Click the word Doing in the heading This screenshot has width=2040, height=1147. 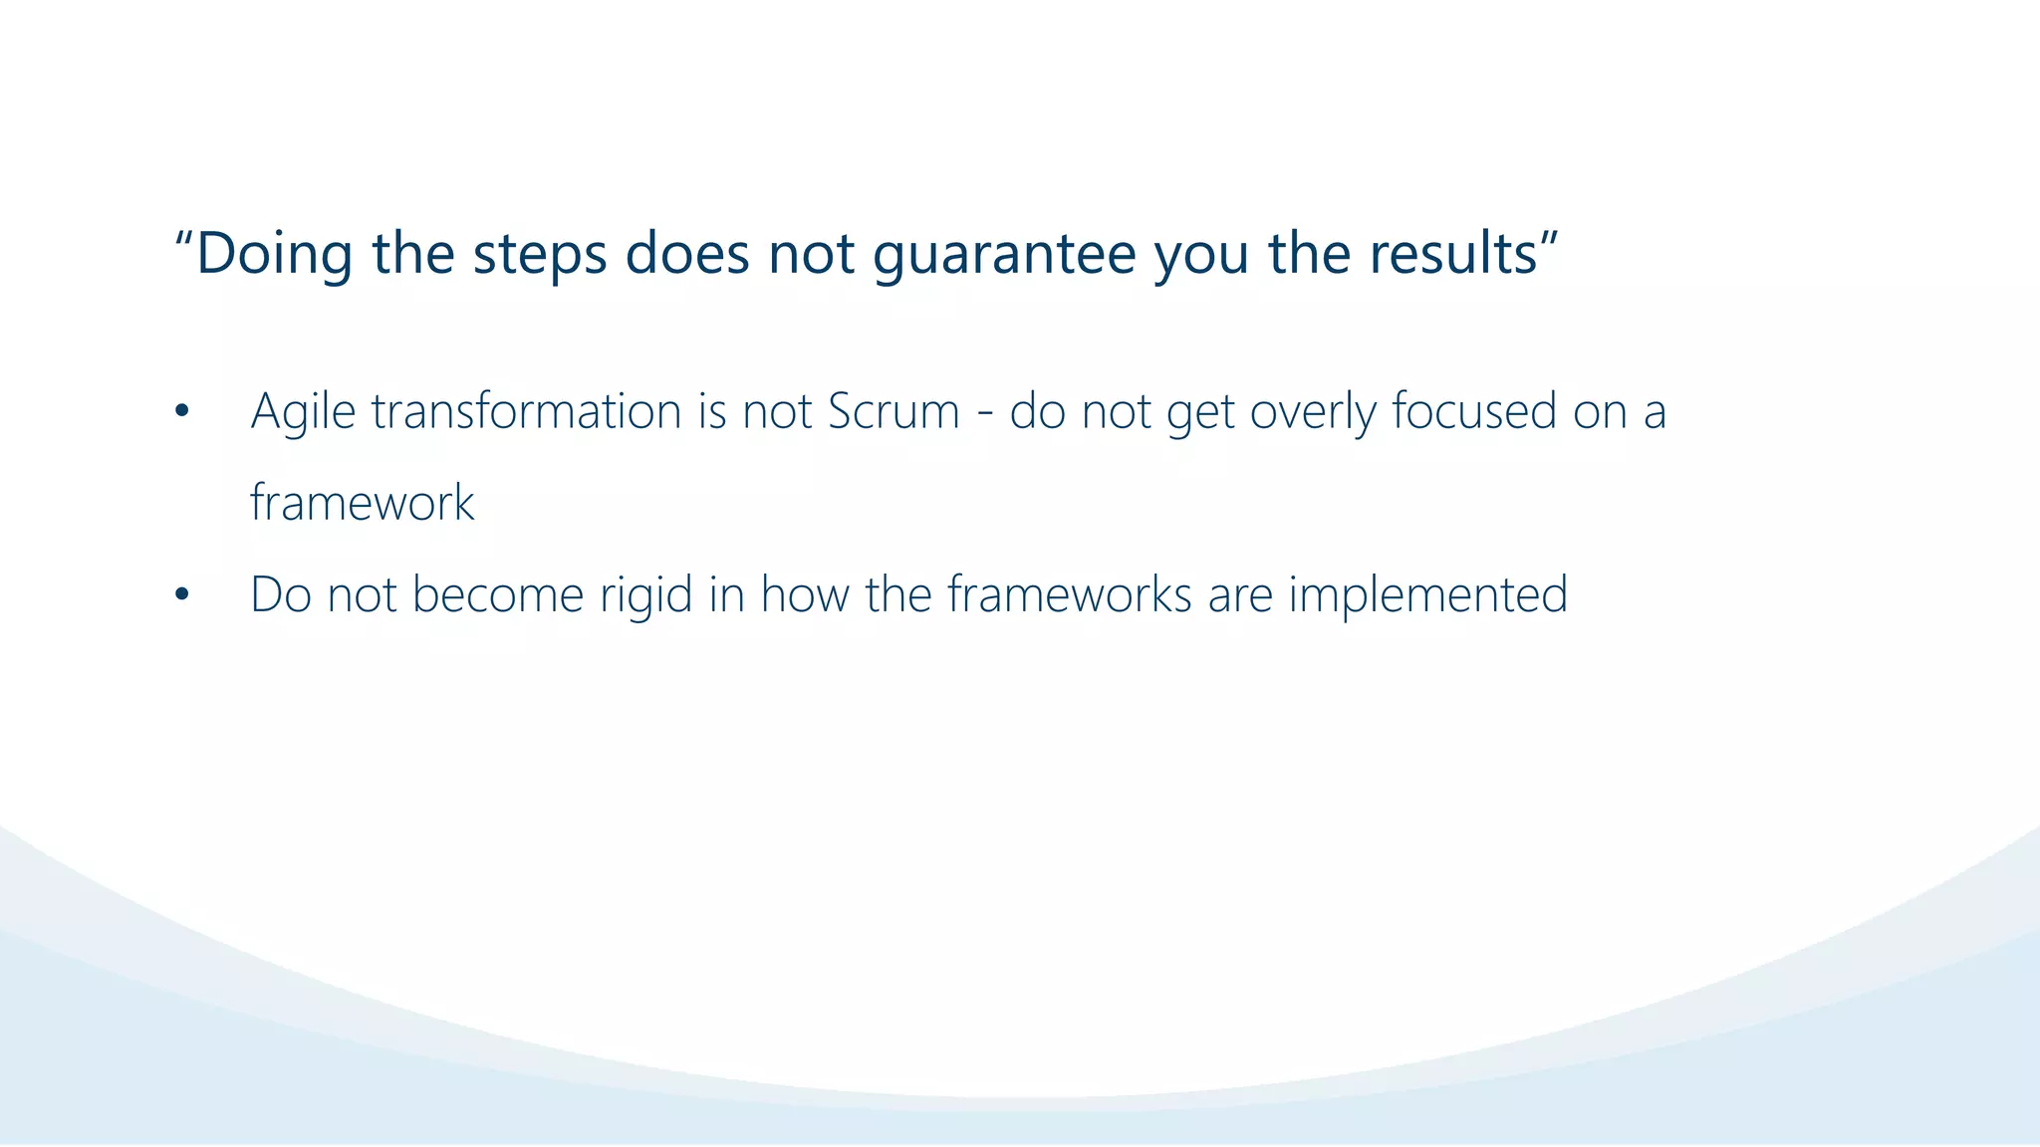coord(274,254)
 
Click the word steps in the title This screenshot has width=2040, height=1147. coord(539,254)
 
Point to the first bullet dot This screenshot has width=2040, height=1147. coord(180,412)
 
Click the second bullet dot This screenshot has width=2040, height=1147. coord(180,595)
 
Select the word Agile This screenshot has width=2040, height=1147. coord(303,412)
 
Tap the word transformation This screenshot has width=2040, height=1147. coord(526,410)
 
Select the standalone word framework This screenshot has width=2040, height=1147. coord(362,502)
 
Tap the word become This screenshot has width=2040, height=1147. coord(497,594)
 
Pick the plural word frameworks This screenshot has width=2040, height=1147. coord(1069,594)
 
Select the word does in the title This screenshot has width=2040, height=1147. coord(686,254)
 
